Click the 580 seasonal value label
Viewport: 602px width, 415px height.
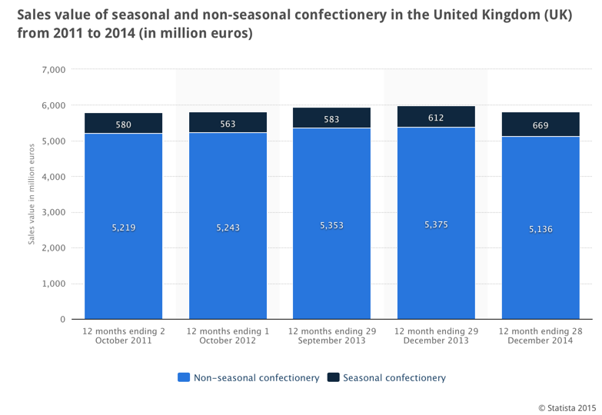tap(123, 124)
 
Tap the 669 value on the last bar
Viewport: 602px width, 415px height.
tap(540, 125)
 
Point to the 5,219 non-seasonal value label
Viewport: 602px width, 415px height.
tap(123, 227)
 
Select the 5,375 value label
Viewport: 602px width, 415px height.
tap(436, 225)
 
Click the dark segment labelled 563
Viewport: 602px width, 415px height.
tap(228, 123)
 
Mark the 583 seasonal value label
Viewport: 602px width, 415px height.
tap(331, 119)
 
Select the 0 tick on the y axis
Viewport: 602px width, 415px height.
tap(62, 320)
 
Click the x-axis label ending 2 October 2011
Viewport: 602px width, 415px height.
tap(123, 336)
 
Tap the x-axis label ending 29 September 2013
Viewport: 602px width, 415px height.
tap(331, 336)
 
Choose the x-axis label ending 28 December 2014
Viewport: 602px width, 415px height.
tap(540, 336)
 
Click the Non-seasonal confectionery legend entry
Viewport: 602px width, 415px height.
tap(248, 378)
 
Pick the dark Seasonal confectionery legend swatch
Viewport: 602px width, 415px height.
tap(333, 378)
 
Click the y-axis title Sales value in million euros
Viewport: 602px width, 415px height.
tap(32, 194)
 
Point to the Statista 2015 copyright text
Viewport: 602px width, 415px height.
tap(567, 407)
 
